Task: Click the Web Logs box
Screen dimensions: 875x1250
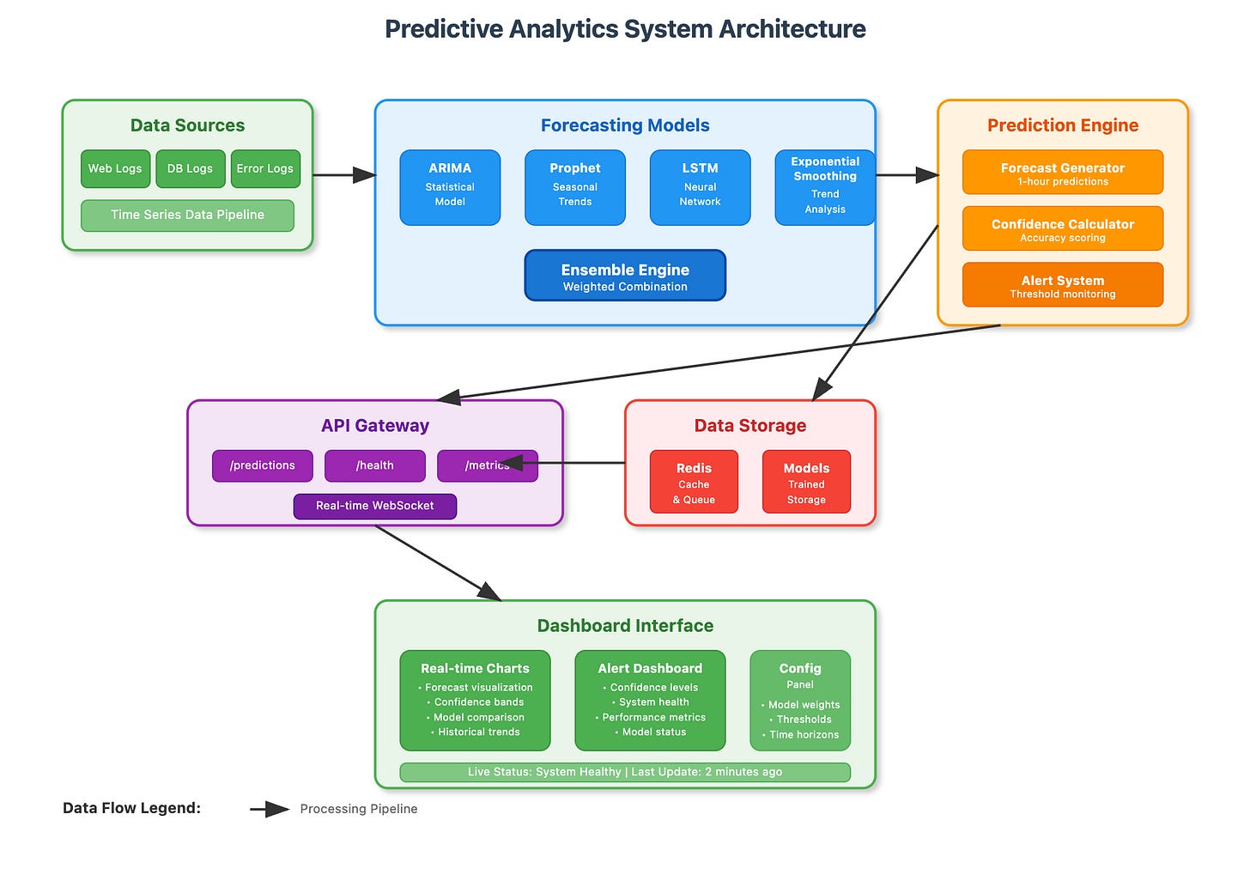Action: [115, 168]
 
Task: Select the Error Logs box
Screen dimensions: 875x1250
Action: [265, 168]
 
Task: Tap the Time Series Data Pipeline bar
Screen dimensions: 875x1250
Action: [187, 215]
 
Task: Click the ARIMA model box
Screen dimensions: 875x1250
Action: [450, 187]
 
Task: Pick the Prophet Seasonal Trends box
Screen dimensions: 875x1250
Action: [574, 187]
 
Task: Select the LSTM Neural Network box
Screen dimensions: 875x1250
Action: [700, 187]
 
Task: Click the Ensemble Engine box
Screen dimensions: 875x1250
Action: [625, 276]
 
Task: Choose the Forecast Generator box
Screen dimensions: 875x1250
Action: [1062, 173]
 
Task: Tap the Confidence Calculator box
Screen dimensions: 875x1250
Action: [1062, 228]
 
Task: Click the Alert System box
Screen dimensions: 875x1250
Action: [1062, 285]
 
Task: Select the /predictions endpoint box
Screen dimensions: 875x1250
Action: [262, 465]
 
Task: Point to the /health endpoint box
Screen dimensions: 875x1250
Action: [374, 465]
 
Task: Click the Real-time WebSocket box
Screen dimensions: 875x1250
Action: [374, 506]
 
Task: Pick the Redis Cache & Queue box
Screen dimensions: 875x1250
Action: [694, 482]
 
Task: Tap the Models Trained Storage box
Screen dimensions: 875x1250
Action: [806, 482]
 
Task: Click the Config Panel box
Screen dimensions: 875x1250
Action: [799, 700]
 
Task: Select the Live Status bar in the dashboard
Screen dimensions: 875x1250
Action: [625, 772]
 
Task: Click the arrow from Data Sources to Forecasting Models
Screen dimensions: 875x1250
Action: [343, 175]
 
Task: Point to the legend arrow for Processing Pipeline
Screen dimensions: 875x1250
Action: [270, 809]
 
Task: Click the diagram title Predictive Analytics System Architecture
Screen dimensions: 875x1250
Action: [625, 29]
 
